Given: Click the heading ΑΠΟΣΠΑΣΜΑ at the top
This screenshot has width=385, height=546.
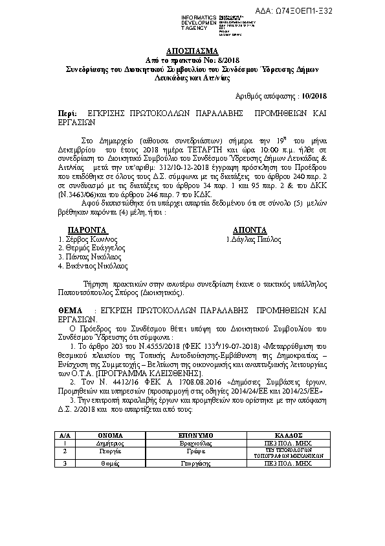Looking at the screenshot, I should tap(192, 51).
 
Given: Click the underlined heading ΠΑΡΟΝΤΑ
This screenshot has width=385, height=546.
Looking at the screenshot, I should tap(88, 230).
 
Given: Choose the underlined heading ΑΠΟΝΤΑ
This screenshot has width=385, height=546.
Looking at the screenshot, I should tap(249, 230).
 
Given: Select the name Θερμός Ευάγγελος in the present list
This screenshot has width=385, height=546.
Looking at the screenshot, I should tap(93, 248).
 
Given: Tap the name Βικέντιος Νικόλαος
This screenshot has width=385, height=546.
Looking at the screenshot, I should tap(95, 265).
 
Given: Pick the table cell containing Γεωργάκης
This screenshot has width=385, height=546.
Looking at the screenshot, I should tap(194, 464).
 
